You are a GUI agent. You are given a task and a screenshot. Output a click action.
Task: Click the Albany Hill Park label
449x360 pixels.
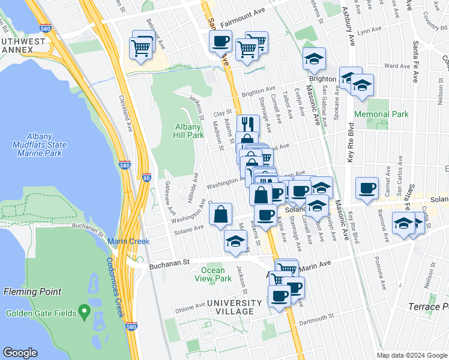tap(189, 131)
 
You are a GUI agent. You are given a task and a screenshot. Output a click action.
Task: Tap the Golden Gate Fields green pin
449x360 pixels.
tap(85, 313)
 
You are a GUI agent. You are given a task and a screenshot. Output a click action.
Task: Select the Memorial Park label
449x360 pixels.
tap(381, 114)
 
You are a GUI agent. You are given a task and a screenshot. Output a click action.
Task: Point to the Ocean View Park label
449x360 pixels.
tap(216, 274)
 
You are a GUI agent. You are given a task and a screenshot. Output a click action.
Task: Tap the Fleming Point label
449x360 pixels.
tap(32, 292)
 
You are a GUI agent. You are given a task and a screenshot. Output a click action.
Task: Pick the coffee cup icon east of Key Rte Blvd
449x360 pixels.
tap(366, 188)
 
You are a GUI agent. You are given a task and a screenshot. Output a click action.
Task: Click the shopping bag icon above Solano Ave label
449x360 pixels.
tap(220, 214)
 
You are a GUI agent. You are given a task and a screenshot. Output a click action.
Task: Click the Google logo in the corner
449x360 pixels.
tap(20, 353)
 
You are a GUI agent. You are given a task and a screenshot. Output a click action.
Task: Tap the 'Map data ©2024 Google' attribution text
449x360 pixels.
tap(412, 355)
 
